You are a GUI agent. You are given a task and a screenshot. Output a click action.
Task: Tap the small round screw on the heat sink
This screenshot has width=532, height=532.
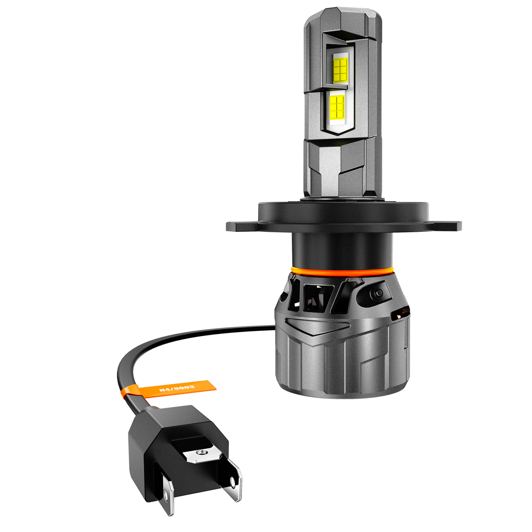379,293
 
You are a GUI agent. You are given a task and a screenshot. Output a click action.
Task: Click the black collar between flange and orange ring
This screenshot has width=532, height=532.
342,250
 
